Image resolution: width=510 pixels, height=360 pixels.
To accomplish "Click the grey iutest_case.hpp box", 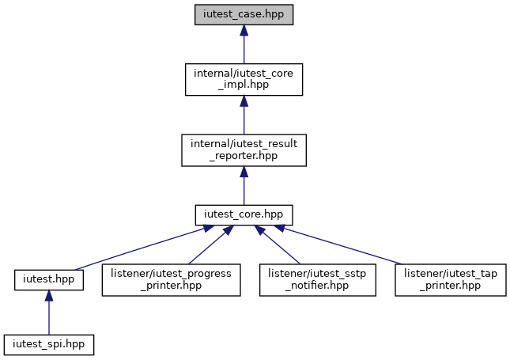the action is (244, 15).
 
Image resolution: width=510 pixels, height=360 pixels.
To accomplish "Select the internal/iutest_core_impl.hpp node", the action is (244, 79).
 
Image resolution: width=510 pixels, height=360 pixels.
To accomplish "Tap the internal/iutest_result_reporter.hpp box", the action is (244, 150).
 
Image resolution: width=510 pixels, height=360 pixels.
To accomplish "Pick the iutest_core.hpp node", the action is (244, 215).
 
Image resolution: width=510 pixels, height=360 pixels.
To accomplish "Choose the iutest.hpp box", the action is (49, 280).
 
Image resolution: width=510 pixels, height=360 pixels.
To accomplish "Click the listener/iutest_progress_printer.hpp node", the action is (171, 280).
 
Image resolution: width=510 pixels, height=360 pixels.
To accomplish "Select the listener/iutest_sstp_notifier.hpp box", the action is (318, 280).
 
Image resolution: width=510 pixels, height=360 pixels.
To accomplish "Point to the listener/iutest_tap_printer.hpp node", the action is (451, 280).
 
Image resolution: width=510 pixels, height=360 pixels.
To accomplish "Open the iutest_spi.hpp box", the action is (49, 345).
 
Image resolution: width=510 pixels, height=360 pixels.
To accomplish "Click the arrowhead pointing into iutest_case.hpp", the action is (244, 30).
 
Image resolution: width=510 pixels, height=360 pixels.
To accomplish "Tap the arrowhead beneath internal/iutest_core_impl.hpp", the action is (244, 101).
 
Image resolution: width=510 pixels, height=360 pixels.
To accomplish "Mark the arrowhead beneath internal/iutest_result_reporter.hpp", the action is (244, 172).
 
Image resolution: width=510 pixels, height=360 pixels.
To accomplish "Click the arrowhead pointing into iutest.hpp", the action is (49, 296).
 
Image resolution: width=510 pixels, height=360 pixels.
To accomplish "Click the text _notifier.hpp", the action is (317, 286).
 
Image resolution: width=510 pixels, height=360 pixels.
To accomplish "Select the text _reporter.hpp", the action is (244, 156).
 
